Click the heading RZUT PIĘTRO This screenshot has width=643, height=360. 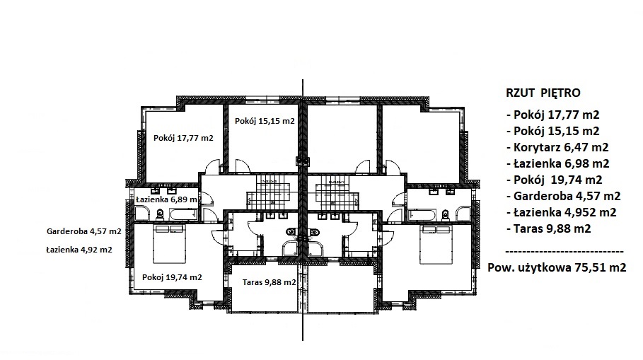pyautogui.click(x=543, y=93)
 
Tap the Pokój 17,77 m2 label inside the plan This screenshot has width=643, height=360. pyautogui.click(x=183, y=138)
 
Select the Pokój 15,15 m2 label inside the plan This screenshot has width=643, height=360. pyautogui.click(x=265, y=121)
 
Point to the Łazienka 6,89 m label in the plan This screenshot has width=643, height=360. pyautogui.click(x=166, y=199)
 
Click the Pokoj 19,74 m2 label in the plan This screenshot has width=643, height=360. pyautogui.click(x=172, y=277)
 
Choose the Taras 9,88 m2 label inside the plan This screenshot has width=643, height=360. pyautogui.click(x=269, y=282)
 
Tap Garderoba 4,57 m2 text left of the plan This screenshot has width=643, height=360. pyautogui.click(x=84, y=231)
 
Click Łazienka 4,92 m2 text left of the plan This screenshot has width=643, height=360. pyautogui.click(x=79, y=249)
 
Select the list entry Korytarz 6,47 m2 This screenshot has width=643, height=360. pyautogui.click(x=557, y=147)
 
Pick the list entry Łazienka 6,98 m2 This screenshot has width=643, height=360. pyautogui.click(x=558, y=163)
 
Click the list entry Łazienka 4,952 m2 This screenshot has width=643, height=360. pyautogui.click(x=562, y=212)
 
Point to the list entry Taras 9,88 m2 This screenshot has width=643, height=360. pyautogui.click(x=549, y=228)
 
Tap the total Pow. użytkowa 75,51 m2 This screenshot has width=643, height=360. pyautogui.click(x=557, y=268)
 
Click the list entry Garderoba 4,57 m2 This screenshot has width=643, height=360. pyautogui.click(x=564, y=196)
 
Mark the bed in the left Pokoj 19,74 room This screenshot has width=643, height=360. pyautogui.click(x=169, y=244)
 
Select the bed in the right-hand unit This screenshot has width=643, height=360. pyautogui.click(x=436, y=244)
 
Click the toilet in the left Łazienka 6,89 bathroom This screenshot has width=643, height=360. pyautogui.click(x=160, y=214)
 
